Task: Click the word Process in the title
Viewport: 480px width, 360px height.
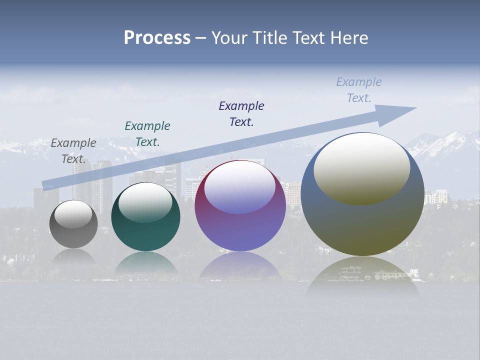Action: point(157,38)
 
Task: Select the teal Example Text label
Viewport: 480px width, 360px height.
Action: point(147,134)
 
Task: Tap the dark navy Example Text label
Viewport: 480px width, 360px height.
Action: point(241,114)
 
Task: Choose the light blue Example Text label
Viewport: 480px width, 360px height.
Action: point(359,90)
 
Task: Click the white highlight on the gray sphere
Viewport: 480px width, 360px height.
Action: point(73,214)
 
